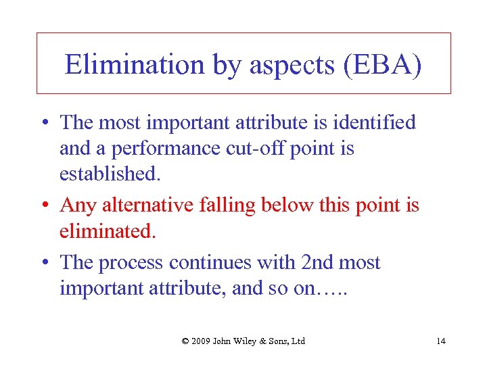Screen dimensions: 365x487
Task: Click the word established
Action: (x=110, y=174)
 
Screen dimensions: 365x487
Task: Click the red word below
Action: (x=289, y=205)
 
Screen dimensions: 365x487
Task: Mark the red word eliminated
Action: (x=108, y=231)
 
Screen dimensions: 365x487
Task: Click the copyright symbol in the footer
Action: (x=185, y=341)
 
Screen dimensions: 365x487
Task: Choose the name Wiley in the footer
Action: (x=250, y=341)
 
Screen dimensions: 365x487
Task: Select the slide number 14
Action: (x=441, y=341)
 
